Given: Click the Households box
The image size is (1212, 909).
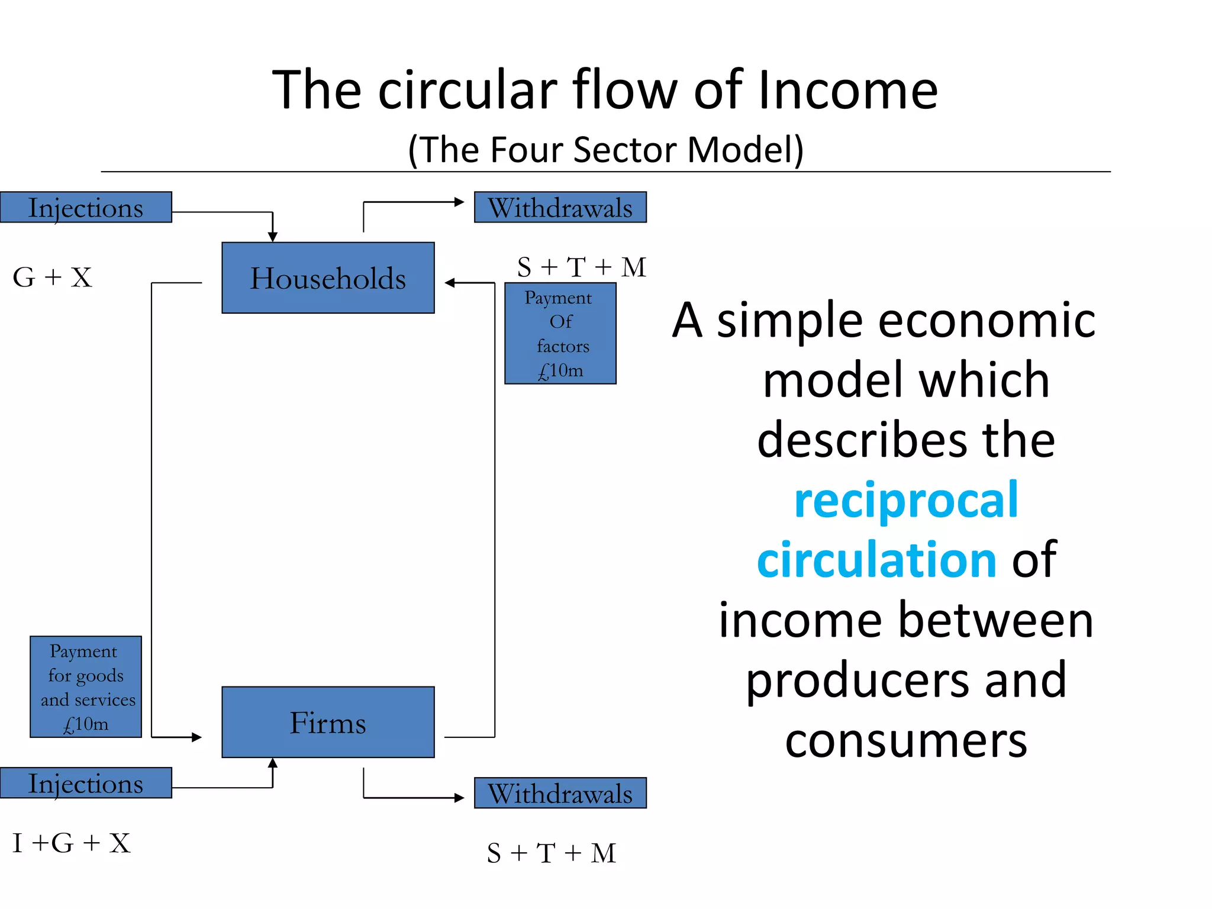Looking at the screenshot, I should click(x=328, y=278).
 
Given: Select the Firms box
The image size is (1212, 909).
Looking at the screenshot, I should click(x=328, y=722).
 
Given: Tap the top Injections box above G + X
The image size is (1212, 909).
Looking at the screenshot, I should click(x=86, y=207).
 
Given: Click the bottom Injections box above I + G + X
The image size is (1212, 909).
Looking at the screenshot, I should click(x=86, y=783).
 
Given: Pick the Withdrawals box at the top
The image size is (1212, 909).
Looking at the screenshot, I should click(x=560, y=207).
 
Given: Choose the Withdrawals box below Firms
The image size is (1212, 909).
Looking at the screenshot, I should click(x=560, y=793).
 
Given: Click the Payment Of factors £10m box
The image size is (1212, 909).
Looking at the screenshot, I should click(x=560, y=333).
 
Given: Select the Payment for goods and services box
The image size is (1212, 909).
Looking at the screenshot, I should click(x=86, y=686).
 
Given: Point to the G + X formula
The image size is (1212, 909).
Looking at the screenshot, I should click(x=52, y=277).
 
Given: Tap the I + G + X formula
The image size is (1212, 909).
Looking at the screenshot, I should click(x=71, y=843).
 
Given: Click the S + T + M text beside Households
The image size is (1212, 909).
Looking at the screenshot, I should click(x=581, y=267).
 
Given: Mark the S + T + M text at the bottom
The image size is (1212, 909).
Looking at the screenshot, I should click(x=552, y=853).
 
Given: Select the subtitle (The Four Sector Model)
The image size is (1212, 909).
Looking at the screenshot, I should click(x=605, y=149).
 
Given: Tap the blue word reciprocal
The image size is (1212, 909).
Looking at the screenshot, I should click(x=906, y=501).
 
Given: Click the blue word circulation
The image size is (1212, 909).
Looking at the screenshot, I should click(x=877, y=560).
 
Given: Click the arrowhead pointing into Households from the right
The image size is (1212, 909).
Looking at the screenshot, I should click(x=450, y=283).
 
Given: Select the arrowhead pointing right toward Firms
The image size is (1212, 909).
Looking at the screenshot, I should click(x=196, y=737).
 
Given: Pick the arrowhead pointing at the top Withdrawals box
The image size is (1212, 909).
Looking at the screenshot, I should click(x=459, y=202).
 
